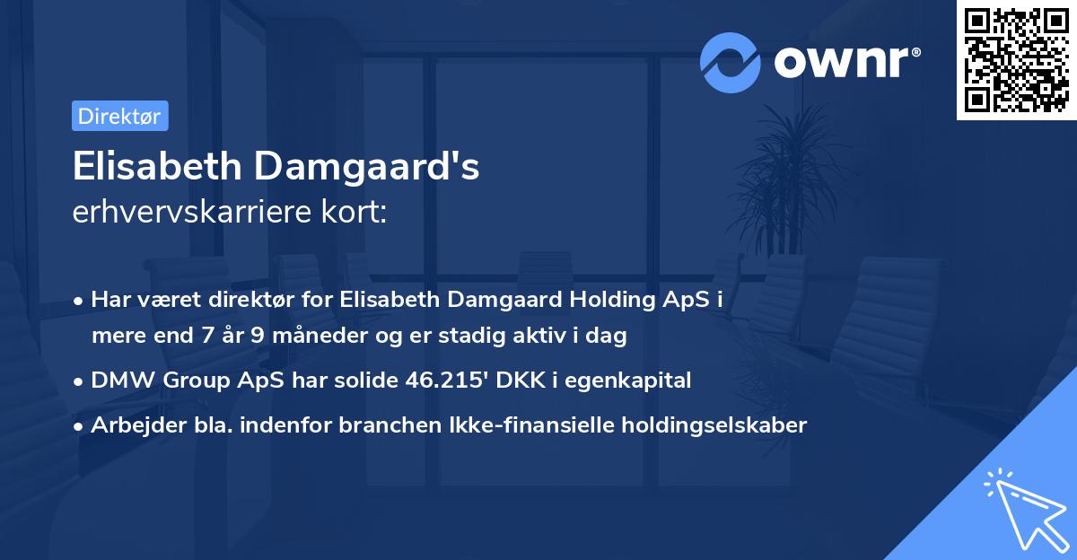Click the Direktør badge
[119, 116]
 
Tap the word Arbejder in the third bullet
[130, 425]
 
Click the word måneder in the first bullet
[324, 337]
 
